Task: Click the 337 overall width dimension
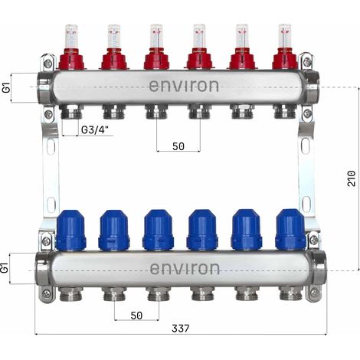point(181,329)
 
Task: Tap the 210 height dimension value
point(352,178)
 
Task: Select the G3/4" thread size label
point(95,130)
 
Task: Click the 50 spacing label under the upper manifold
point(178,146)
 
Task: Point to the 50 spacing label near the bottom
point(136,316)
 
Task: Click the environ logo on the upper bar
point(184,86)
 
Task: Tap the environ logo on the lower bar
point(185,269)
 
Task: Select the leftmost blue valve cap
point(70,229)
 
